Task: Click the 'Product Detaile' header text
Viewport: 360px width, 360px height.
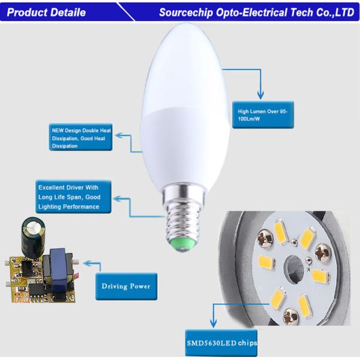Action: pyautogui.click(x=46, y=13)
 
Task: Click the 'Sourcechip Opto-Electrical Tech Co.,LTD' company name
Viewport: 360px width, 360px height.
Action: pyautogui.click(x=257, y=13)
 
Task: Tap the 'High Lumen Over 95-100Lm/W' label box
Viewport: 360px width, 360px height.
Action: pyautogui.click(x=263, y=115)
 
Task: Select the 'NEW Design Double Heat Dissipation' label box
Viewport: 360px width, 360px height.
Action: pyautogui.click(x=80, y=137)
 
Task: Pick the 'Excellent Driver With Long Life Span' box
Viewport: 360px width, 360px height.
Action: pyautogui.click(x=73, y=197)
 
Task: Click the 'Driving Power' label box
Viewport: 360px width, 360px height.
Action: pyautogui.click(x=126, y=286)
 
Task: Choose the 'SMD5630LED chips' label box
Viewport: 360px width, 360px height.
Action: pyautogui.click(x=221, y=343)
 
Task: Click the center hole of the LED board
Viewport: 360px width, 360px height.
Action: pyautogui.click(x=293, y=266)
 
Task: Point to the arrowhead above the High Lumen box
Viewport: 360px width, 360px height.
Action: pyautogui.click(x=260, y=94)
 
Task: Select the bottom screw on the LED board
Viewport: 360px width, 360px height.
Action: pyautogui.click(x=291, y=316)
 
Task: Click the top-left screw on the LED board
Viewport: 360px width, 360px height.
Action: pyautogui.click(x=265, y=238)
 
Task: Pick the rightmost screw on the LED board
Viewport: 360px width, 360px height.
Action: pyautogui.click(x=323, y=253)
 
